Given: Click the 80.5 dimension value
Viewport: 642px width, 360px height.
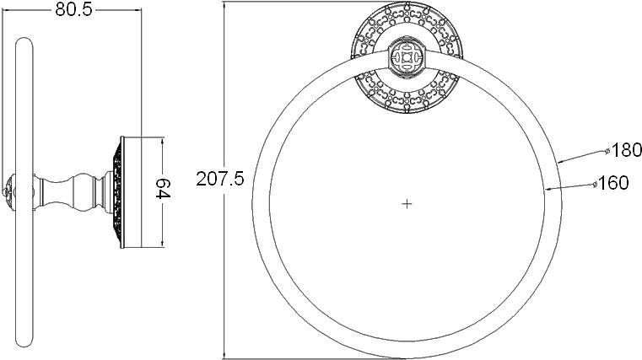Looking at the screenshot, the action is pos(73,9).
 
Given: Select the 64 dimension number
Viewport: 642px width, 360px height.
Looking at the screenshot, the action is pos(163,188).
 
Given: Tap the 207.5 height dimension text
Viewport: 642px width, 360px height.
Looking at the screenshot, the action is pos(220,179).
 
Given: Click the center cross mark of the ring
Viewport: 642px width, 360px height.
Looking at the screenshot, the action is pos(407,204).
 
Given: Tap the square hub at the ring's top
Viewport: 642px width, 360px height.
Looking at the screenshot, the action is pos(407,57).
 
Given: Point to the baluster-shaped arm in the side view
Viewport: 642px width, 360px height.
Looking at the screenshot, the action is pos(73,192).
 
